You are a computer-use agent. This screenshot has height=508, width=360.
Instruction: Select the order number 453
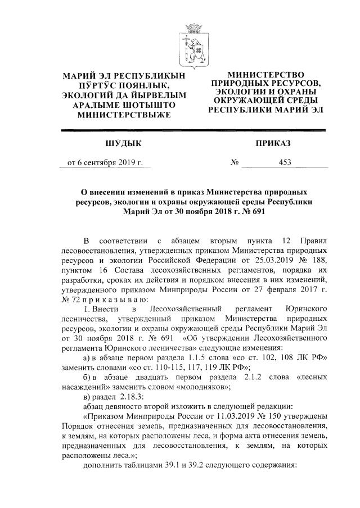284,164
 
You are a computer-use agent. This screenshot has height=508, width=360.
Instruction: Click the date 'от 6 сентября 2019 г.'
105,164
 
